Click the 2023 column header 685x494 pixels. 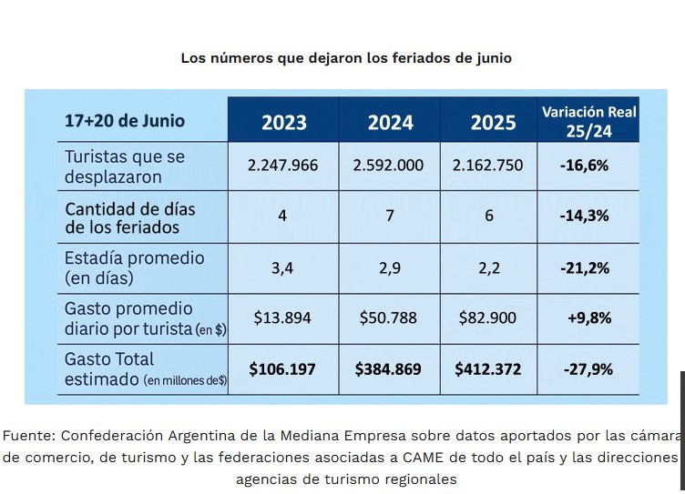coord(284,123)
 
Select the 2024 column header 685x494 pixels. coord(391,123)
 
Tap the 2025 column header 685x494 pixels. coord(493,123)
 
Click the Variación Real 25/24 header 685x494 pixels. coord(588,122)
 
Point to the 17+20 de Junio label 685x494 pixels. coord(125,121)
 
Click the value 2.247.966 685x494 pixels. coord(282,166)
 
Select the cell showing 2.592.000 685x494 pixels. coord(389,166)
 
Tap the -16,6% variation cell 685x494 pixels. coord(586,166)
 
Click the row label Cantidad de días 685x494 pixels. coord(130,208)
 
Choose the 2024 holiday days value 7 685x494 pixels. coord(390,217)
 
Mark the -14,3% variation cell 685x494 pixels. coord(586,217)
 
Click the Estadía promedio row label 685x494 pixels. coord(134,258)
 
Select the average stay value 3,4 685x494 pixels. coord(282,268)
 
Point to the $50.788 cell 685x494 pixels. coord(390,318)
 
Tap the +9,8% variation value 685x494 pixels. coord(587,318)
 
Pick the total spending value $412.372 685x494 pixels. coord(488,369)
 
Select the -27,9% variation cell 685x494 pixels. coord(587,369)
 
